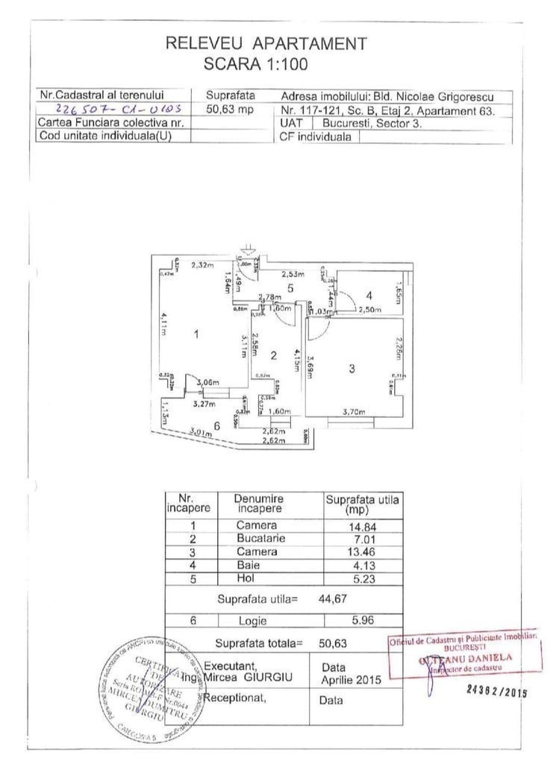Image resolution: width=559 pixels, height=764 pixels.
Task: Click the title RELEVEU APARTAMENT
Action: pos(266,43)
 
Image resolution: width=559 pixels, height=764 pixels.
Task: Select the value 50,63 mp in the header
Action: pos(225,109)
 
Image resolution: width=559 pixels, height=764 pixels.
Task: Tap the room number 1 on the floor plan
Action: pos(196,334)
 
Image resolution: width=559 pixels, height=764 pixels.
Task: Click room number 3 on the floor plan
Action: pos(351,369)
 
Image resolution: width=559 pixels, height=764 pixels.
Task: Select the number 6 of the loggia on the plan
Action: pos(216,425)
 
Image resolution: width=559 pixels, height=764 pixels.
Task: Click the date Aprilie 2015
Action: pos(350,680)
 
